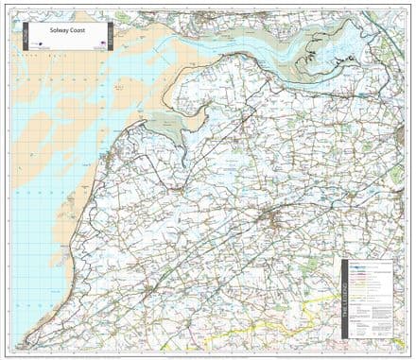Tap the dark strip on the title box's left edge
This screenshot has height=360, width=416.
pos(22,38)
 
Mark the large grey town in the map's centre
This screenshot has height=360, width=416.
pos(275,222)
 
